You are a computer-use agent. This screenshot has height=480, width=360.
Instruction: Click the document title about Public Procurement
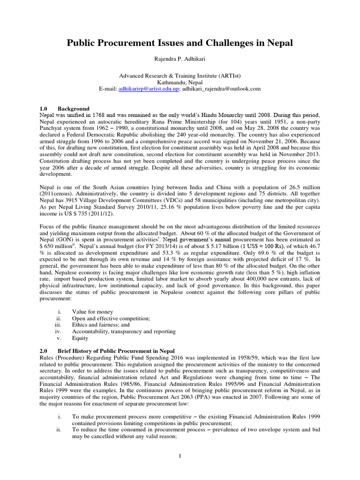[180, 43]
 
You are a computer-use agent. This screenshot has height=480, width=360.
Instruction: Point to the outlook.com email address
[220, 88]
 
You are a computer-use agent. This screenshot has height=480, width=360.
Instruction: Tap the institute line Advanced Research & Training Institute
[180, 74]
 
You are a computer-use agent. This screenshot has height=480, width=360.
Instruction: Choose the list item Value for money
[92, 311]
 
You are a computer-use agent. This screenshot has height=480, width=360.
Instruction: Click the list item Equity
[80, 337]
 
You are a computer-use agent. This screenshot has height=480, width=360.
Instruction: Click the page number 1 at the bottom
[180, 456]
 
